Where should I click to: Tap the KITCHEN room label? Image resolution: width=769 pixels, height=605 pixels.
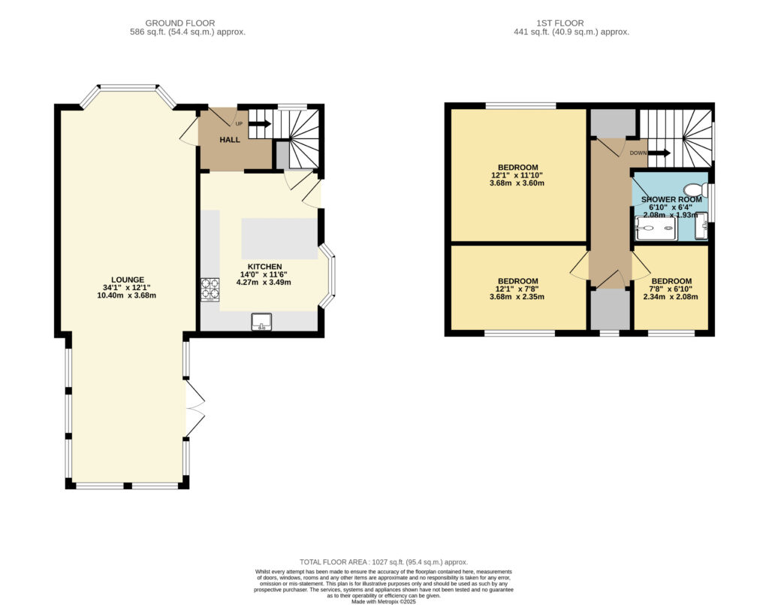pyautogui.click(x=264, y=267)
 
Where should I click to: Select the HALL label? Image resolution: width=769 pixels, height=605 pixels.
pyautogui.click(x=230, y=140)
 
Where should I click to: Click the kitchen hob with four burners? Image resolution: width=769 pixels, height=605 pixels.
pyautogui.click(x=210, y=289)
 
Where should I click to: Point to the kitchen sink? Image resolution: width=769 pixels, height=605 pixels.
pyautogui.click(x=261, y=322)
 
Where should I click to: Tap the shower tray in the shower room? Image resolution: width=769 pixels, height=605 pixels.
pyautogui.click(x=656, y=228)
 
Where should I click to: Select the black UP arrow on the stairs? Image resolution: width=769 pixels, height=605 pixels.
pyautogui.click(x=259, y=124)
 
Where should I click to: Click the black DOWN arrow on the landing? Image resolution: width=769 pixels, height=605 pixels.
pyautogui.click(x=659, y=153)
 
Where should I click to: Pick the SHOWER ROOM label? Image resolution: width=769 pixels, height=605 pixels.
pyautogui.click(x=671, y=200)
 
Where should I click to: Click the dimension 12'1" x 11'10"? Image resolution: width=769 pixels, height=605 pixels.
pyautogui.click(x=517, y=175)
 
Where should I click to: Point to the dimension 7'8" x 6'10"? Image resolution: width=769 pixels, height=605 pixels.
pyautogui.click(x=671, y=289)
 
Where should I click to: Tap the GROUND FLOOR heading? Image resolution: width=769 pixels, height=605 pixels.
pyautogui.click(x=180, y=23)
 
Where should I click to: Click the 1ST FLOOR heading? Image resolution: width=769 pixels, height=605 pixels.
pyautogui.click(x=560, y=23)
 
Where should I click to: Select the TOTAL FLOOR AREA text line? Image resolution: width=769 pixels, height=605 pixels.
pyautogui.click(x=384, y=562)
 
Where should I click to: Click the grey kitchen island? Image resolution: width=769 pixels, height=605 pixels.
pyautogui.click(x=279, y=239)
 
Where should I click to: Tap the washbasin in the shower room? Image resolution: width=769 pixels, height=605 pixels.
pyautogui.click(x=702, y=226)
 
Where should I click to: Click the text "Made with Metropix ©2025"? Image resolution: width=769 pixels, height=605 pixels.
pyautogui.click(x=384, y=601)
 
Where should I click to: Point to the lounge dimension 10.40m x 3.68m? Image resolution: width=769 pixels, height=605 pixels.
pyautogui.click(x=127, y=295)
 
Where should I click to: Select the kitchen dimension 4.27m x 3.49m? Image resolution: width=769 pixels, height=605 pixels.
pyautogui.click(x=264, y=282)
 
